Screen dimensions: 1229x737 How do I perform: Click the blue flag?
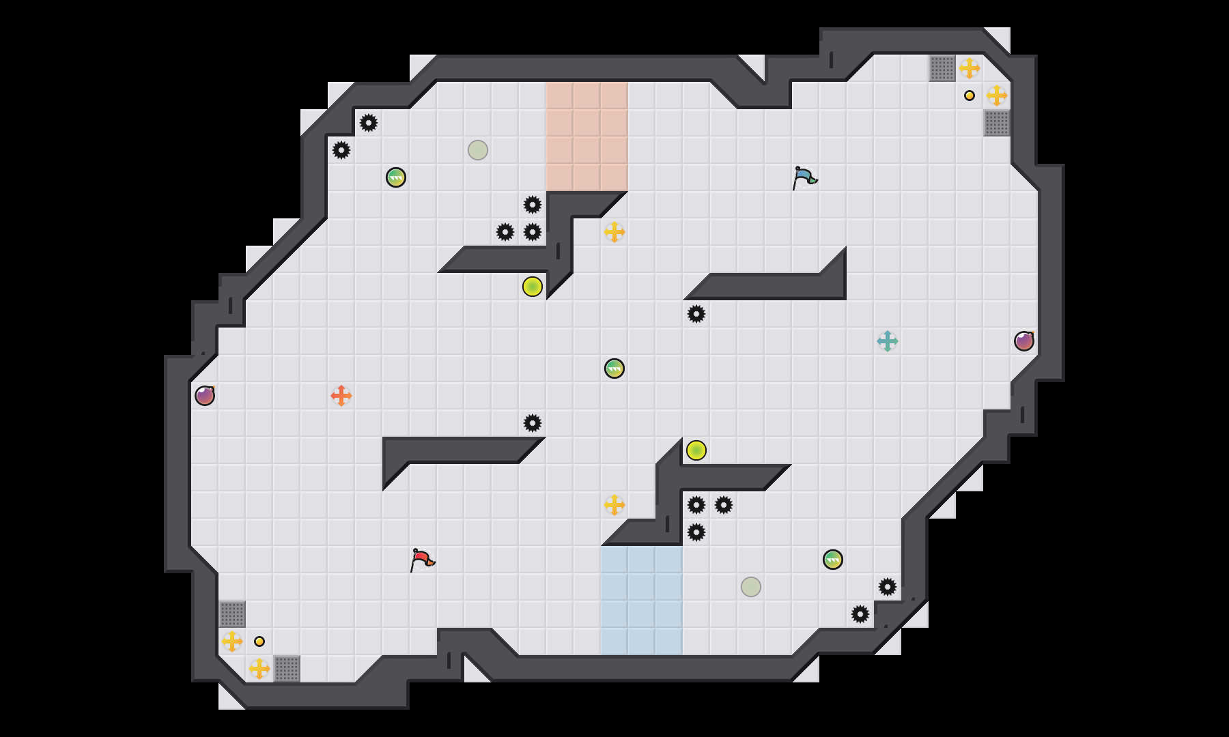pyautogui.click(x=804, y=177)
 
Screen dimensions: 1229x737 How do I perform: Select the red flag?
pyautogui.click(x=422, y=560)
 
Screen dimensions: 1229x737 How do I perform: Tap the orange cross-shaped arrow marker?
pyautogui.click(x=341, y=396)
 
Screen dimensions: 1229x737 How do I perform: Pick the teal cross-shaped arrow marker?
pyautogui.click(x=888, y=341)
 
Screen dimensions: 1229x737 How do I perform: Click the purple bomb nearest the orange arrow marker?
pyautogui.click(x=205, y=396)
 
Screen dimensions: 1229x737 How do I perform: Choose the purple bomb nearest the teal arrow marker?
pyautogui.click(x=1024, y=341)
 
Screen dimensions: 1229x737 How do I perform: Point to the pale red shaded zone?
pyautogui.click(x=587, y=136)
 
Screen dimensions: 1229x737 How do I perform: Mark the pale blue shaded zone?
pyautogui.click(x=642, y=601)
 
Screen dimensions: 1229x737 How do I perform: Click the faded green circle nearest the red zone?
pyautogui.click(x=478, y=150)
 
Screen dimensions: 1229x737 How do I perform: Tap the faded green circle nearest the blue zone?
pyautogui.click(x=751, y=587)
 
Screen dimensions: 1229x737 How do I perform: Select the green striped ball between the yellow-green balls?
pyautogui.click(x=614, y=369)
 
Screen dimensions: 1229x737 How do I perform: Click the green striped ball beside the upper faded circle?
pyautogui.click(x=396, y=177)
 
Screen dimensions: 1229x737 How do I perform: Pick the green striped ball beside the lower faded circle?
pyautogui.click(x=833, y=560)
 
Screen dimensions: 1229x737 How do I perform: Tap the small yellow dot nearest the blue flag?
pyautogui.click(x=970, y=96)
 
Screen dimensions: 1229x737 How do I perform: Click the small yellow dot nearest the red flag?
pyautogui.click(x=259, y=641)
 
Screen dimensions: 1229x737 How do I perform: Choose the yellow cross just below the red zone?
pyautogui.click(x=614, y=232)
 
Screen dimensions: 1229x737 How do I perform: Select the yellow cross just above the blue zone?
pyautogui.click(x=614, y=505)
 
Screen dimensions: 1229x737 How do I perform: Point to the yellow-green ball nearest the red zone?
pyautogui.click(x=533, y=287)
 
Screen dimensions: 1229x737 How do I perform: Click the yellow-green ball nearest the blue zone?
pyautogui.click(x=696, y=450)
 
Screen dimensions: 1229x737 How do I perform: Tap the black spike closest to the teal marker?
pyautogui.click(x=696, y=314)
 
